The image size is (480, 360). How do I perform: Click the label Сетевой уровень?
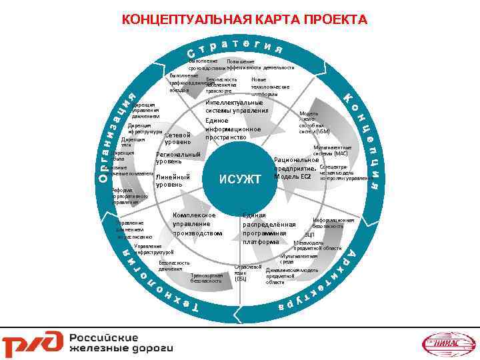[x=178, y=138]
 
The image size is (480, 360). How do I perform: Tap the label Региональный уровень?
[x=177, y=158]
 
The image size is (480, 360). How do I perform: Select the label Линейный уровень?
[x=173, y=180]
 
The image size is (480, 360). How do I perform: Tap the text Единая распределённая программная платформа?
[x=265, y=229]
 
